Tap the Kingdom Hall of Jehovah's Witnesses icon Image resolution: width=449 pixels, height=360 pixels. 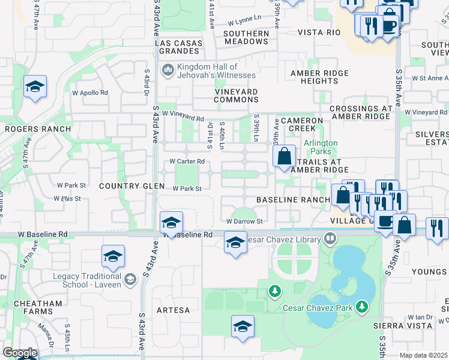coord(167,71)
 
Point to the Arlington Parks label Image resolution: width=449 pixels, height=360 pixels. coord(321,147)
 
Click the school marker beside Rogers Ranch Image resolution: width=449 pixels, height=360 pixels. coord(35,87)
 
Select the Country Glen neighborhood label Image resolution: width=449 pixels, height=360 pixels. coord(132,187)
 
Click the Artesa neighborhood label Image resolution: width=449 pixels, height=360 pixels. coord(173,310)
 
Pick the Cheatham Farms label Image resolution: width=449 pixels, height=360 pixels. coord(40,306)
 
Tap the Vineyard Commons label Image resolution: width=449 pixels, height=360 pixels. coord(236,95)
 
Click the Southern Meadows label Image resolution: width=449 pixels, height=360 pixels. coord(246,37)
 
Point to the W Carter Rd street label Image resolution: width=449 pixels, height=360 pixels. coord(187,161)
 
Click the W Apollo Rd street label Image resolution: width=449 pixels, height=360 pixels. coord(90,93)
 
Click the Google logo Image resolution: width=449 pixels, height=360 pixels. coord(19,353)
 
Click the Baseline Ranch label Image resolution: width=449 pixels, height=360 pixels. coord(293,199)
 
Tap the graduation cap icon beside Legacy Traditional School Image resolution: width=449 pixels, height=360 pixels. coord(113,256)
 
